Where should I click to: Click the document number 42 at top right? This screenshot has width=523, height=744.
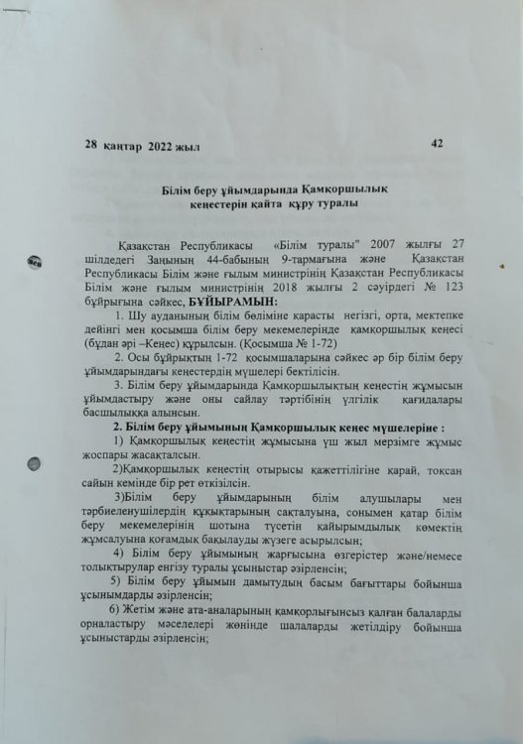[437, 143]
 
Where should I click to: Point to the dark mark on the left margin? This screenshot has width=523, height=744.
[34, 263]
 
